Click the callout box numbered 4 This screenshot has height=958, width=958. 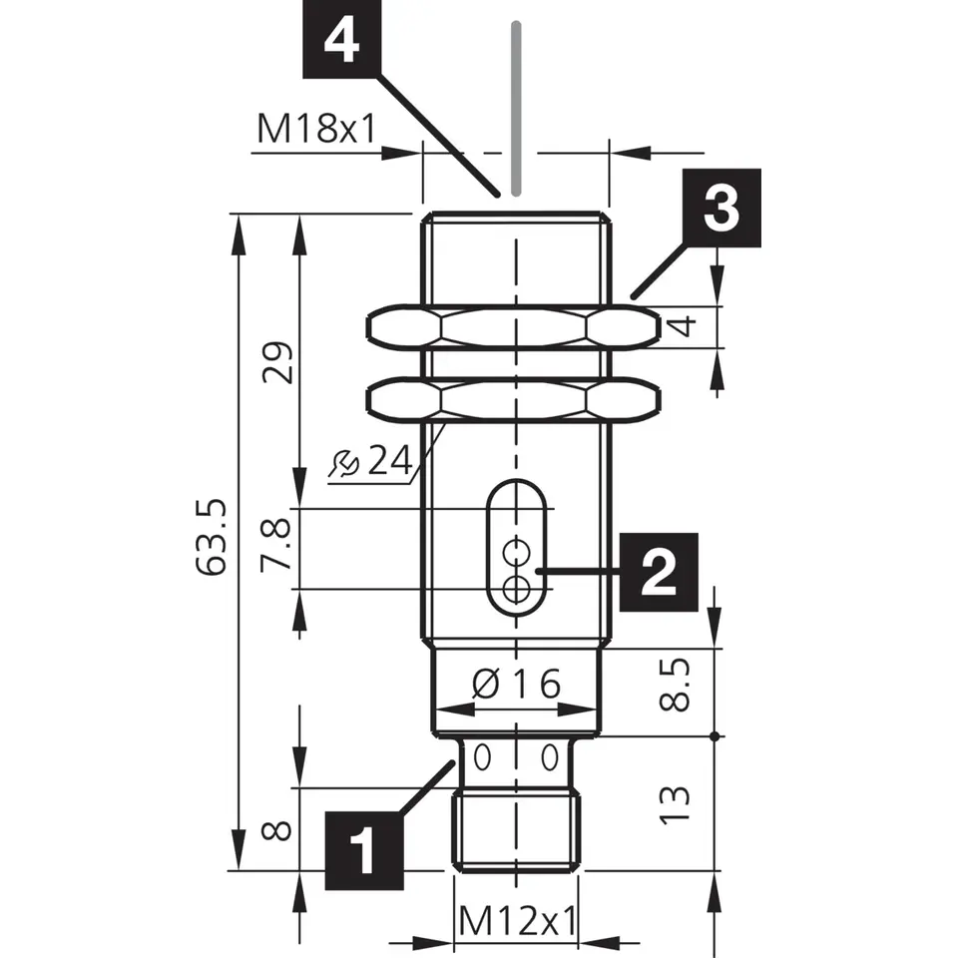click(x=341, y=39)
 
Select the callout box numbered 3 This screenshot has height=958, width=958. click(x=721, y=208)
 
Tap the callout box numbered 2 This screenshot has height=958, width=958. click(x=659, y=572)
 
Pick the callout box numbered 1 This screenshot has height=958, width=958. click(x=364, y=850)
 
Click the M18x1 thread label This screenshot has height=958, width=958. click(x=315, y=129)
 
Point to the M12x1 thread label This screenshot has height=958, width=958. click(x=518, y=920)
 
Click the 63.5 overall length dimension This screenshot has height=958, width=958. click(x=212, y=537)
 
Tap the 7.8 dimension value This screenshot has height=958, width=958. click(x=275, y=545)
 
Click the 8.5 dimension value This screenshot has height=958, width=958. click(x=675, y=685)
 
